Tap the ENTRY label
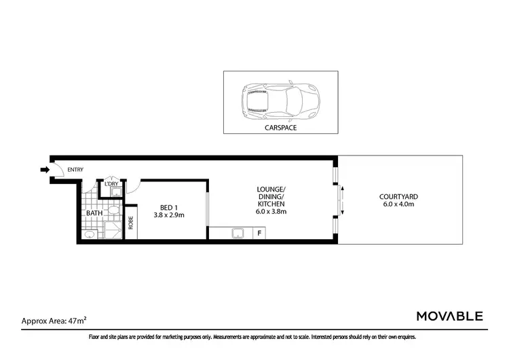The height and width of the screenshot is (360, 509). (75, 170)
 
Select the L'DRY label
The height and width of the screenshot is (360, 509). (111, 184)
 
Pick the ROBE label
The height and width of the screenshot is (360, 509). (131, 223)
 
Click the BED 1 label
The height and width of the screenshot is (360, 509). (170, 207)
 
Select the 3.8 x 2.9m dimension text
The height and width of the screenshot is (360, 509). (170, 215)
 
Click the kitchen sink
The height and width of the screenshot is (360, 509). (239, 234)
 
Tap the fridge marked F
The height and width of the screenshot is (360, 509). (259, 234)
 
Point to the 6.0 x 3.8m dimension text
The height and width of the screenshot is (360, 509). (271, 211)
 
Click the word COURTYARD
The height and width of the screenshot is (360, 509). (399, 196)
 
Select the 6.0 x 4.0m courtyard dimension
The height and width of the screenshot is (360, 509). (399, 204)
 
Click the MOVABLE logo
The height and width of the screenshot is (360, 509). (449, 316)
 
